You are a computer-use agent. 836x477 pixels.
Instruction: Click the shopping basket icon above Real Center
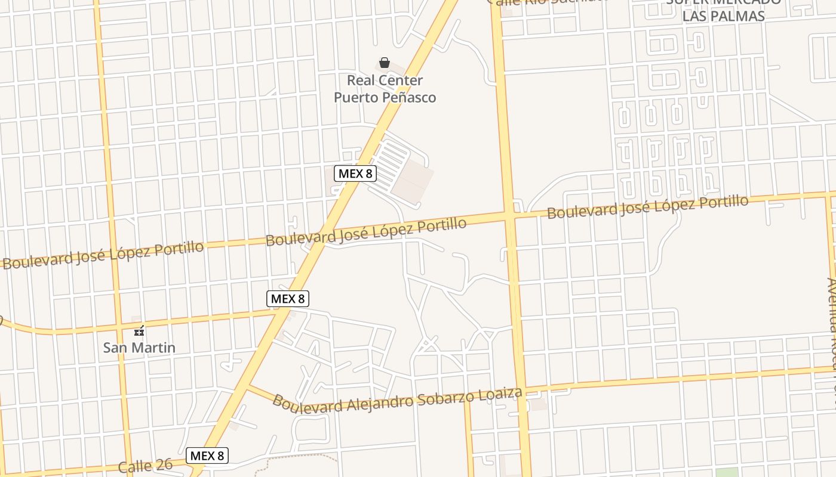(385, 63)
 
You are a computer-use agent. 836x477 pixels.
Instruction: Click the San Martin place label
(139, 347)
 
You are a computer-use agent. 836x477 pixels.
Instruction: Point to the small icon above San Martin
(140, 331)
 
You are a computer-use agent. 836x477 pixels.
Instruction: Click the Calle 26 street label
(145, 465)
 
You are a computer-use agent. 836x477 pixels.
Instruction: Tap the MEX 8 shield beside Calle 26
(207, 456)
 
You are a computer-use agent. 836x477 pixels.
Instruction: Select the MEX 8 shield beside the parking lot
(355, 174)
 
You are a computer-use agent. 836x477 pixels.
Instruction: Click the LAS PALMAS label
(723, 16)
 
